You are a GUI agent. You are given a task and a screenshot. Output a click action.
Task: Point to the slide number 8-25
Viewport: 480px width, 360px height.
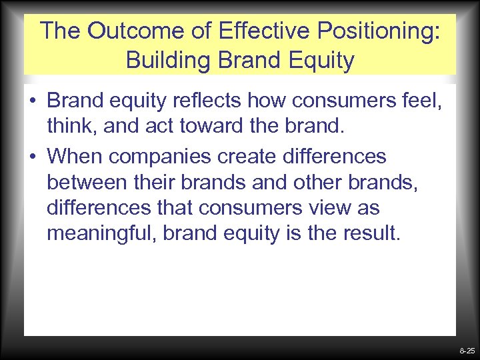467,350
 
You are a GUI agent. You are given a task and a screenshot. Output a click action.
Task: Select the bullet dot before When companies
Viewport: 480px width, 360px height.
32,157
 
